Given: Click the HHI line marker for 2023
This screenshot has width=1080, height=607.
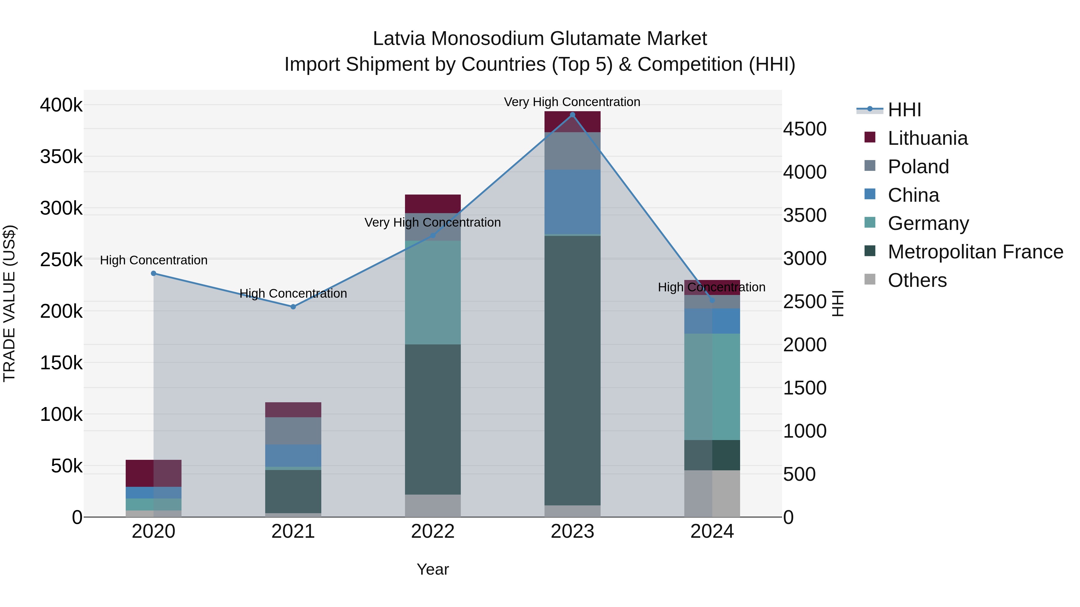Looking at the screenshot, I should [x=572, y=115].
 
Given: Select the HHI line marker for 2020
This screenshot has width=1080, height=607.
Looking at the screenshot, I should [x=153, y=274].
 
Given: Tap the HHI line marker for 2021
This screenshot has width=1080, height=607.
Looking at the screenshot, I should [x=293, y=307].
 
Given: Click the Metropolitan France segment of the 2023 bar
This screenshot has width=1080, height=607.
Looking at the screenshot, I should [x=572, y=371].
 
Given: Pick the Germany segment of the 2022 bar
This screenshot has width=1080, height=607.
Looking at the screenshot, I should [x=433, y=292].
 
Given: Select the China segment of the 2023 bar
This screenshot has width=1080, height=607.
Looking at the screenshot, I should [x=572, y=202].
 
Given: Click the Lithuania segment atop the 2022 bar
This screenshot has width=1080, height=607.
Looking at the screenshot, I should [x=433, y=204].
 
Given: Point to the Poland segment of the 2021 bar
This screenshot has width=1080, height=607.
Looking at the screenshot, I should [x=293, y=431].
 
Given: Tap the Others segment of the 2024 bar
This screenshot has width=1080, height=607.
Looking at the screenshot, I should [x=712, y=493].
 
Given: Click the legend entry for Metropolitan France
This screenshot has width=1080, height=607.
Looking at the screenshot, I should [x=975, y=252].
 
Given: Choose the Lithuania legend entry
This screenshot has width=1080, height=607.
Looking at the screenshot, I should [x=927, y=138].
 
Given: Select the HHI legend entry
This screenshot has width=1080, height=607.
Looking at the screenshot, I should [x=904, y=110].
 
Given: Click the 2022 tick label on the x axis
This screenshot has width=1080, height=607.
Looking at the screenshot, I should [x=433, y=531].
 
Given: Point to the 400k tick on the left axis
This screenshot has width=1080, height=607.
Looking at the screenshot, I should [x=61, y=105].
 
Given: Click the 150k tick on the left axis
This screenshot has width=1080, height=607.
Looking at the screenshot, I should [x=61, y=363].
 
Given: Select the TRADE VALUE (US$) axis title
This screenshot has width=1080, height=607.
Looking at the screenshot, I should [x=9, y=303].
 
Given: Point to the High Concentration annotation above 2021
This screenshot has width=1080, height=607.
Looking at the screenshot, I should [x=293, y=294].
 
